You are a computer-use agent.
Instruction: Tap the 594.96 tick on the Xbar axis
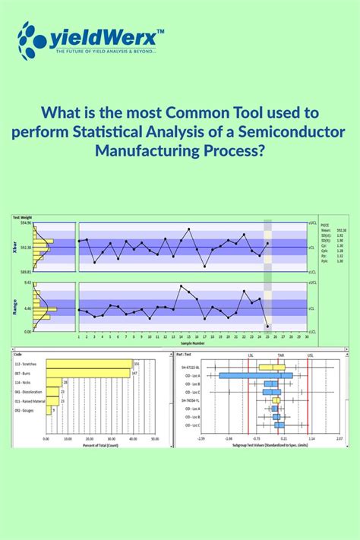pyautogui.click(x=25, y=223)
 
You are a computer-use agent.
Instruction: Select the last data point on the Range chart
pyautogui.click(x=267, y=326)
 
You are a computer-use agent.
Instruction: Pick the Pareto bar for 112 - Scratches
pyautogui.click(x=88, y=364)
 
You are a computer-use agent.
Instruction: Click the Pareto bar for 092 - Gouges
pyautogui.click(x=49, y=410)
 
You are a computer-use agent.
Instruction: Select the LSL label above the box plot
pyautogui.click(x=251, y=354)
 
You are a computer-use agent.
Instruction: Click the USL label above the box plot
pyautogui.click(x=309, y=354)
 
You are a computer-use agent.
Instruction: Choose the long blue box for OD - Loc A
pyautogui.click(x=251, y=375)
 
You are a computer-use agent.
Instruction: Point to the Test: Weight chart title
pyautogui.click(x=21, y=218)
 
